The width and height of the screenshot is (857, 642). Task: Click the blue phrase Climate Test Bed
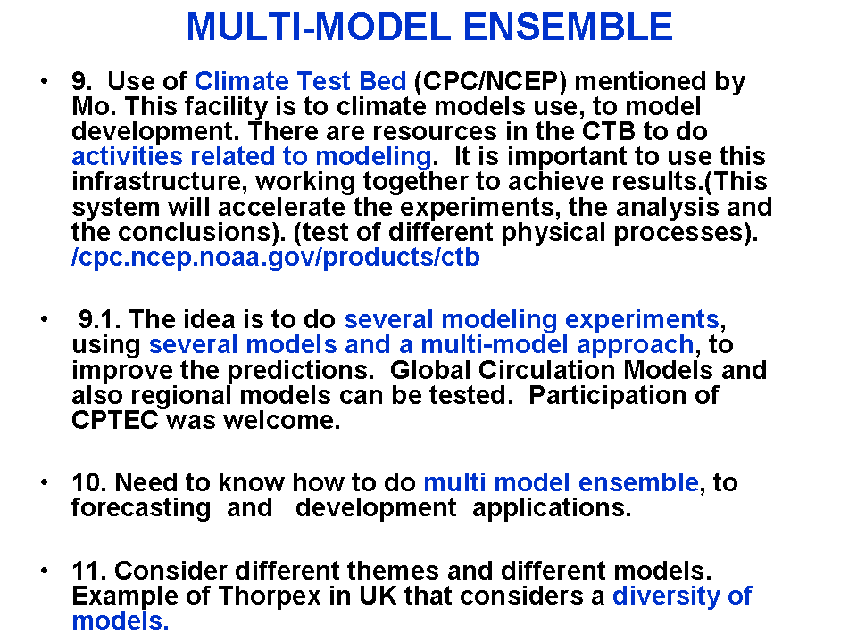click(x=301, y=81)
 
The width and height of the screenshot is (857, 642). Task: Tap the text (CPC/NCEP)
click(x=491, y=81)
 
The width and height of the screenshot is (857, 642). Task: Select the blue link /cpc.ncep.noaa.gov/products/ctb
click(x=276, y=258)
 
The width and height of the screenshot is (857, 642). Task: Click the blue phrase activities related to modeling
click(x=252, y=157)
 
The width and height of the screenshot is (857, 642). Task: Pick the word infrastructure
click(x=156, y=181)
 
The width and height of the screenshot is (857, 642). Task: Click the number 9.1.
click(x=99, y=319)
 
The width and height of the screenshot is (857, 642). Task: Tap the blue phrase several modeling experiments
click(x=531, y=320)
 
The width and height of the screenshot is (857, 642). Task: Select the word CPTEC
click(x=115, y=420)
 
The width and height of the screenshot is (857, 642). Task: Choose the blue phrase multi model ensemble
click(x=562, y=482)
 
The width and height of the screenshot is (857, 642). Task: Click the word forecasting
click(x=141, y=508)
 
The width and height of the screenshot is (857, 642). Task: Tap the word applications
click(x=552, y=508)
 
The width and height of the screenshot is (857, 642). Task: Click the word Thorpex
click(x=270, y=597)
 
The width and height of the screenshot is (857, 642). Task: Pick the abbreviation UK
click(x=378, y=596)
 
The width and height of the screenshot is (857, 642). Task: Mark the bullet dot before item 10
click(x=45, y=482)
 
